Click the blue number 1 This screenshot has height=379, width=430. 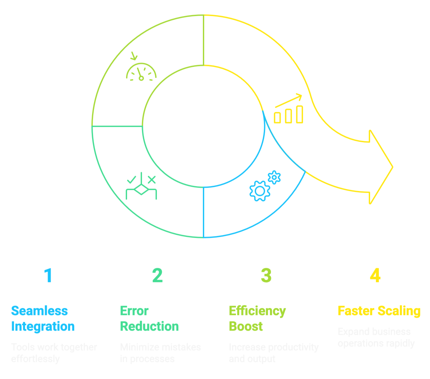pyautogui.click(x=48, y=276)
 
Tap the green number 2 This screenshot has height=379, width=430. pyautogui.click(x=157, y=276)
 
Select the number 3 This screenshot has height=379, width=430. pyautogui.click(x=266, y=276)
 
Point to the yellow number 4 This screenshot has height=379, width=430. pyautogui.click(x=375, y=276)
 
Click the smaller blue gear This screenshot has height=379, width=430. pyautogui.click(x=274, y=177)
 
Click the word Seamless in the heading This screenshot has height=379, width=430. pyautogui.click(x=40, y=311)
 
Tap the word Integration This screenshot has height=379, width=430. pyautogui.click(x=43, y=327)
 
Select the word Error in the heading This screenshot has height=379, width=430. pyautogui.click(x=134, y=311)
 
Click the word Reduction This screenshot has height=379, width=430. pyautogui.click(x=149, y=327)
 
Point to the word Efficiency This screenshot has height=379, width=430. pyautogui.click(x=257, y=311)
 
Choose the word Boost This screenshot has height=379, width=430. pyautogui.click(x=246, y=327)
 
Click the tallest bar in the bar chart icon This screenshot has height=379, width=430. pyautogui.click(x=300, y=114)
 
